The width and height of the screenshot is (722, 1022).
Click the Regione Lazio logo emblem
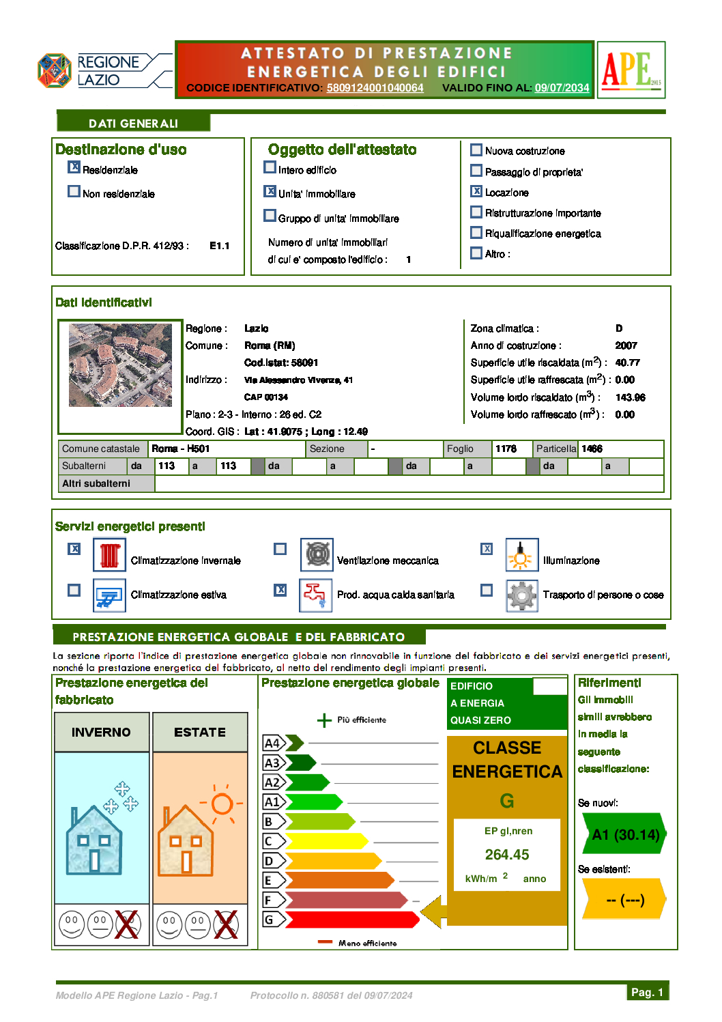pyautogui.click(x=55, y=70)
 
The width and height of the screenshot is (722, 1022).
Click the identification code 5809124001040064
pyautogui.click(x=375, y=88)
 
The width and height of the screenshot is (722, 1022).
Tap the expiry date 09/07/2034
pyautogui.click(x=562, y=88)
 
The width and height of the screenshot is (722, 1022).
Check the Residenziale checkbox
pyautogui.click(x=74, y=167)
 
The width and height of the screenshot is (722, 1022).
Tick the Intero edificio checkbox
pyautogui.click(x=270, y=167)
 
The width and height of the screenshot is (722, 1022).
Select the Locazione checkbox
pyautogui.click(x=476, y=191)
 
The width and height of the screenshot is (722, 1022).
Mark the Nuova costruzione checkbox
pyautogui.click(x=476, y=150)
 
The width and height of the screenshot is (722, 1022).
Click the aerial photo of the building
pyautogui.click(x=120, y=365)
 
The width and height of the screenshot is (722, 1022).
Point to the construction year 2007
pyautogui.click(x=626, y=345)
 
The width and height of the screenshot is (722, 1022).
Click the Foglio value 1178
pyautogui.click(x=506, y=449)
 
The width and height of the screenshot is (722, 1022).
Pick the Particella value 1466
pyautogui.click(x=592, y=449)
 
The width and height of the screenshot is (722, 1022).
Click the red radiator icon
pyautogui.click(x=110, y=555)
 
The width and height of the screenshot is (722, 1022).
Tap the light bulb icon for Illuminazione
pyautogui.click(x=522, y=555)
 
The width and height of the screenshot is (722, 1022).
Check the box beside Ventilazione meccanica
pyautogui.click(x=280, y=549)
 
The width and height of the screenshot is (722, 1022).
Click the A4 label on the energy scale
pyautogui.click(x=272, y=743)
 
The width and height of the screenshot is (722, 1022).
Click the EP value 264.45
pyautogui.click(x=507, y=855)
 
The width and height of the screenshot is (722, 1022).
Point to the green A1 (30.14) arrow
pyautogui.click(x=624, y=834)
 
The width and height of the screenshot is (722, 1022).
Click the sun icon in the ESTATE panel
pyautogui.click(x=222, y=804)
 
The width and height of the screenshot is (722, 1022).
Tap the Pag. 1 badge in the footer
pyautogui.click(x=647, y=992)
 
